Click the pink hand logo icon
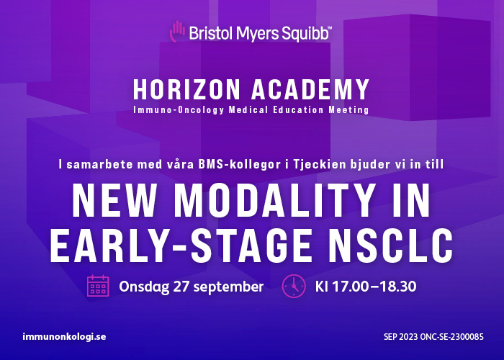177,31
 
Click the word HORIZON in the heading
186,89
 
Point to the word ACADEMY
310,89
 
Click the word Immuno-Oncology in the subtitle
179,110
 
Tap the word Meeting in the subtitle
348,110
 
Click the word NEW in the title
114,200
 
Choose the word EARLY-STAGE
181,246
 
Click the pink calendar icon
98,285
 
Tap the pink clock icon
294,286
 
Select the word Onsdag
144,287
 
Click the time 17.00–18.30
374,287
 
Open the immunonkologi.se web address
64,337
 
